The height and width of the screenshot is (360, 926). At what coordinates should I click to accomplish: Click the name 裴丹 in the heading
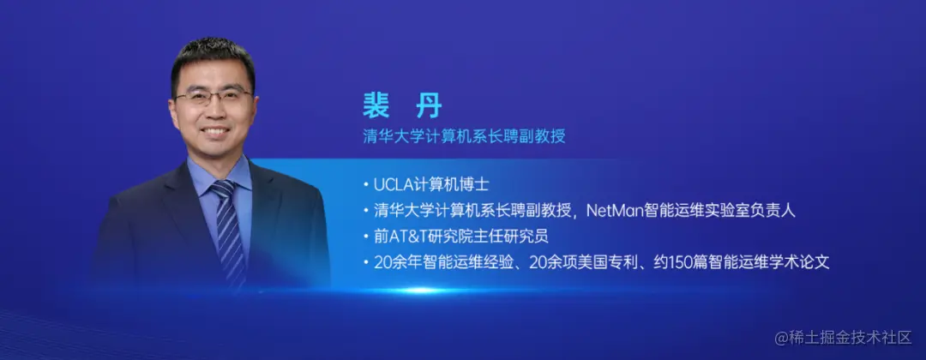coord(402,106)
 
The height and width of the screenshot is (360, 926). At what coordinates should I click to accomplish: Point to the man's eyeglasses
coord(214,95)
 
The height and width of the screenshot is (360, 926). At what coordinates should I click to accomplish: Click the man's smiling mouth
coord(215,134)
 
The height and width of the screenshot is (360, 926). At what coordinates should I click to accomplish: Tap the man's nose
coord(214,111)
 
